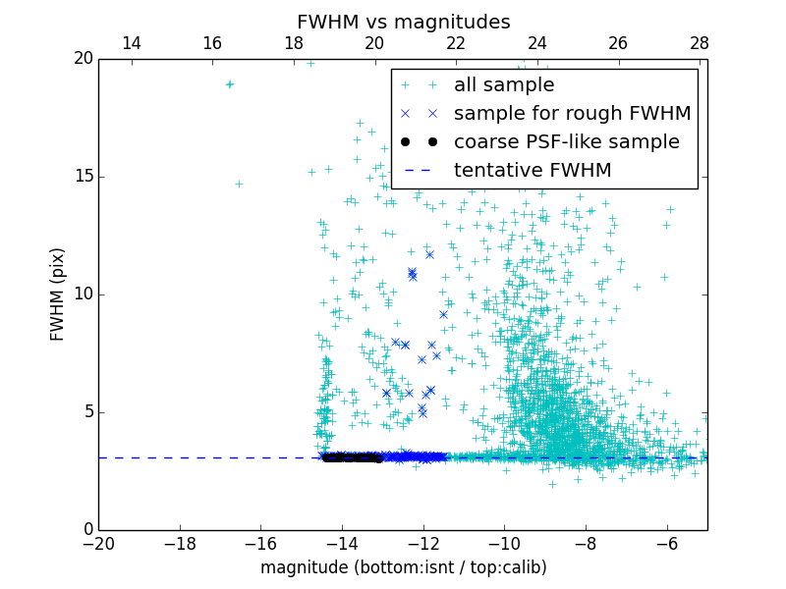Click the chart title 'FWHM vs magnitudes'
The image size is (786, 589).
click(403, 22)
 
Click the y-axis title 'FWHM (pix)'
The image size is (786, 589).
click(58, 294)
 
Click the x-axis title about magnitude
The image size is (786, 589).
click(403, 567)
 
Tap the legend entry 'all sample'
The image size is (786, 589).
click(503, 85)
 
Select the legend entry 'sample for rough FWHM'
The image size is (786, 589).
click(572, 114)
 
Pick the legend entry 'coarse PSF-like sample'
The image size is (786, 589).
click(566, 142)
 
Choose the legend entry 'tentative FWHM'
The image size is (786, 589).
click(532, 171)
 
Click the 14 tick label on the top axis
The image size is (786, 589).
click(131, 43)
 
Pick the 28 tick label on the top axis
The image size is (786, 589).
click(700, 43)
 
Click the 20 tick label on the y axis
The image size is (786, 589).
click(83, 59)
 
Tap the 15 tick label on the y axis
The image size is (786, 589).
click(83, 177)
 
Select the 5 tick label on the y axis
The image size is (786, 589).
click(87, 412)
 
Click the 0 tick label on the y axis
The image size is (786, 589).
click(87, 530)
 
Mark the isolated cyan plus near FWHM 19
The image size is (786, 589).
click(229, 84)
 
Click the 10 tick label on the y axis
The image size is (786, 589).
click(83, 294)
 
